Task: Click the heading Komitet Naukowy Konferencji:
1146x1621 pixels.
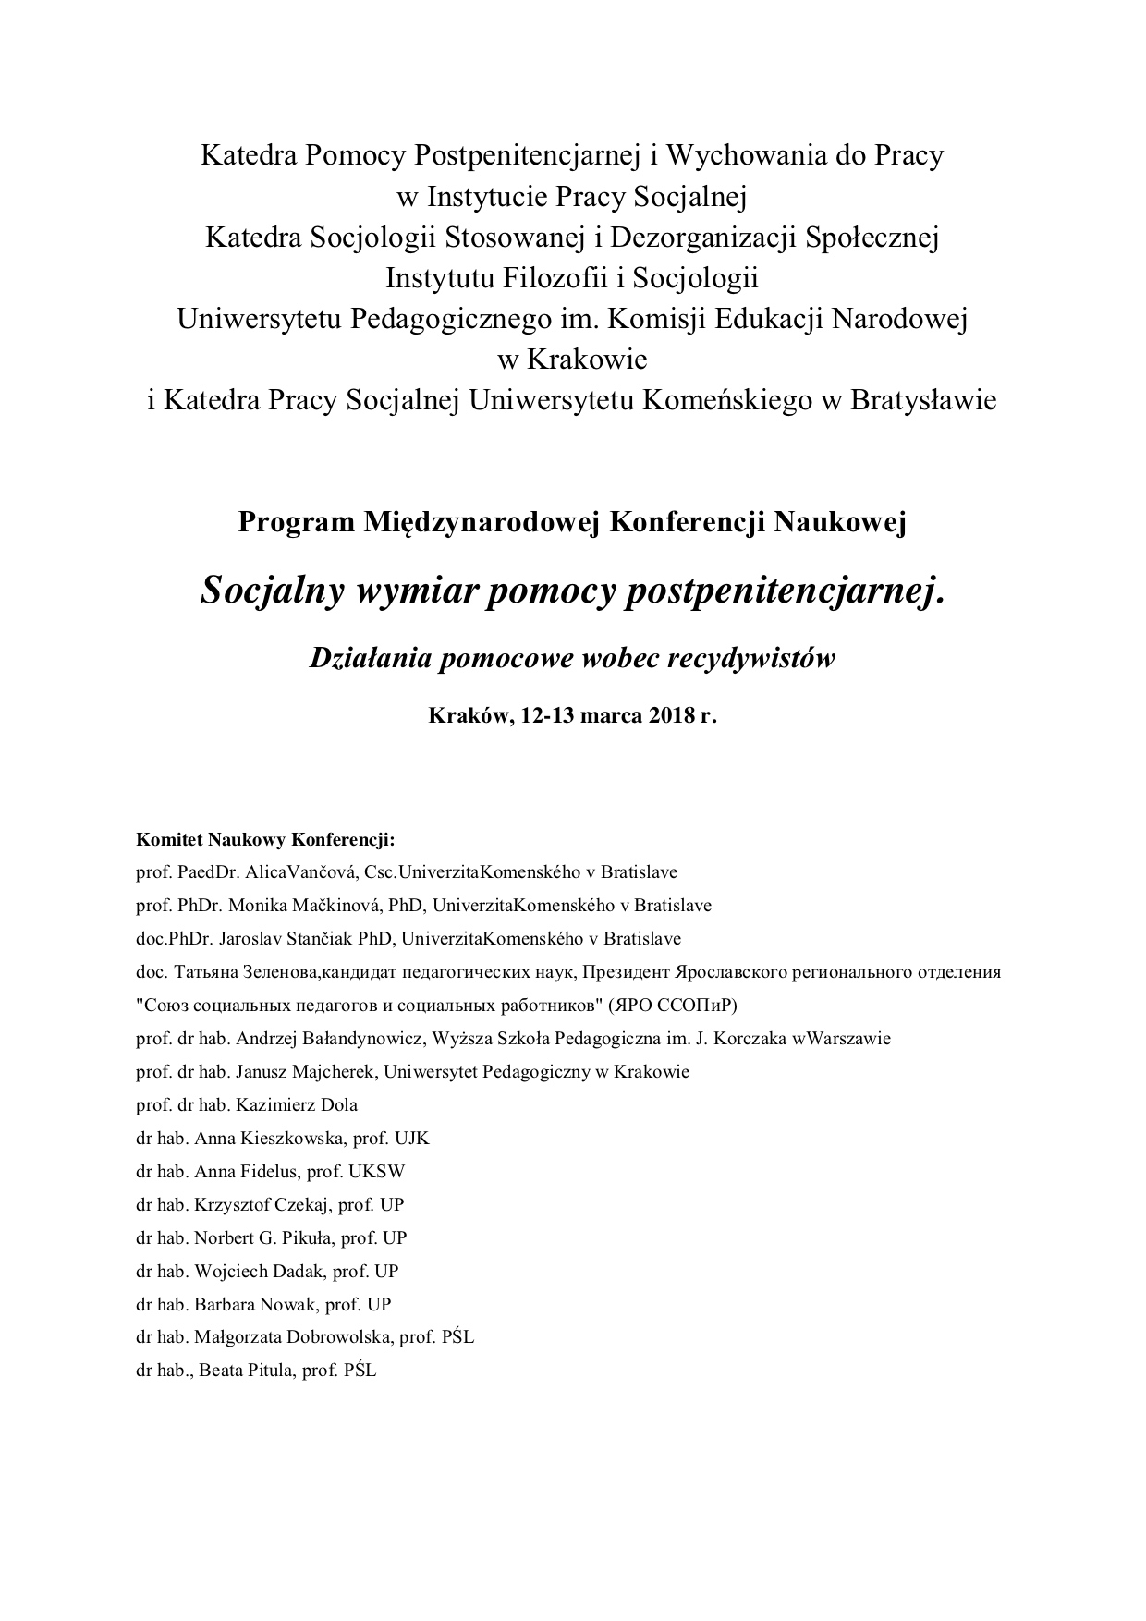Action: pos(265,841)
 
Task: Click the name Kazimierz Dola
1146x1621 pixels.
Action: pos(297,1105)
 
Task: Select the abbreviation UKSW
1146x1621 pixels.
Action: pos(376,1172)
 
